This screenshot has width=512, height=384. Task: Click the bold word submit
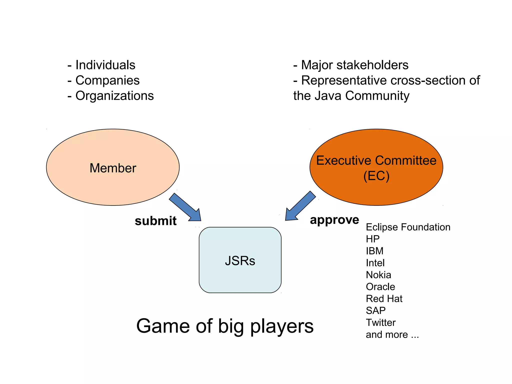pos(155,221)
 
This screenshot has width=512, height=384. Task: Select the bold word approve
pos(334,220)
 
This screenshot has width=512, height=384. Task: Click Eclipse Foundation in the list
pos(408,227)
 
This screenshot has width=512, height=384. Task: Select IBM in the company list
pos(374,251)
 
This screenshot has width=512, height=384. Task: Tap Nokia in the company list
pos(378,275)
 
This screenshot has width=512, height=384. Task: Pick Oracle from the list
pos(380,287)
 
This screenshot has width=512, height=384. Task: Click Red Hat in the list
pos(384,299)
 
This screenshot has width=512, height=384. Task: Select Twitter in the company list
pos(380,323)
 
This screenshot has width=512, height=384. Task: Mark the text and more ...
pos(392,335)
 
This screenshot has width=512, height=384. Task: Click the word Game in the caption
pos(163,326)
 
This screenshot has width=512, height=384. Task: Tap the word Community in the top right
pos(377,96)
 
